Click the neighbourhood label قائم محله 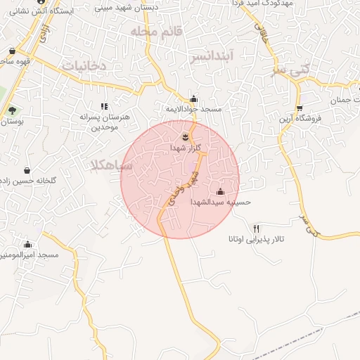pos(156,32)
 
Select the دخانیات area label pos(84,66)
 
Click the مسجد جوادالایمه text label pos(193,110)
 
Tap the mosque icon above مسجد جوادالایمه pos(194,99)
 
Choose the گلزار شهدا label pos(186,148)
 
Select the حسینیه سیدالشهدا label pos(221,202)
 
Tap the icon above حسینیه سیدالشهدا pos(221,192)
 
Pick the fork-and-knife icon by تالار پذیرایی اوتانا pos(256,229)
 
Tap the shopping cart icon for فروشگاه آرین pos(300,108)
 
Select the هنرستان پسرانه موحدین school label pos(105,122)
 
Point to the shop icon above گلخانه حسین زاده pos(27,170)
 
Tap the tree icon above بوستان pos(11,110)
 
